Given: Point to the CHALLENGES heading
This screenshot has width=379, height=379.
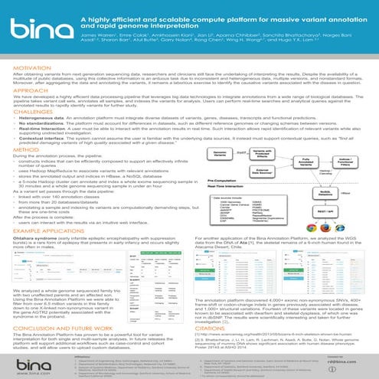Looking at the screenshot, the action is (27, 111).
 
